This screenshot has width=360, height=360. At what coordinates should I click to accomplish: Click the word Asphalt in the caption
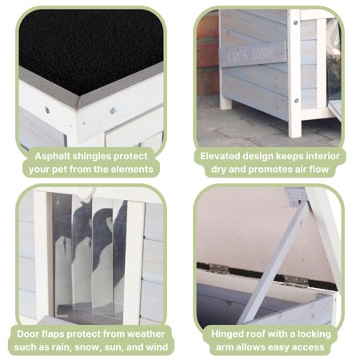(x=52, y=156)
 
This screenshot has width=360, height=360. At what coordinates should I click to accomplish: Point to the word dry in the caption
(x=218, y=170)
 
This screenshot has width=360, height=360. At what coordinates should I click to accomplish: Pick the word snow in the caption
(x=87, y=347)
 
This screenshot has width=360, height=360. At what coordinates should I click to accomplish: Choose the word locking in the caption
(x=314, y=334)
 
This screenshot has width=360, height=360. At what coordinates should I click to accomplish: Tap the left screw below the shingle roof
(x=47, y=110)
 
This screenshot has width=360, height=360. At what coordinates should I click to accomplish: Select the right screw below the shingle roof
(x=113, y=110)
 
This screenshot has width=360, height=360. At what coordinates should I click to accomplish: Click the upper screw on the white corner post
(x=295, y=23)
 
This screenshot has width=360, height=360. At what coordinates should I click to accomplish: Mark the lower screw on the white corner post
(x=296, y=101)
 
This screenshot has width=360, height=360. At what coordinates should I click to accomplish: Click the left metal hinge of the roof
(x=218, y=269)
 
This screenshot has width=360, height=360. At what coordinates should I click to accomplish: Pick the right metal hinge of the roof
(x=295, y=281)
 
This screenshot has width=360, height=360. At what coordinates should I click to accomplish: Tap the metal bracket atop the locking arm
(x=295, y=197)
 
